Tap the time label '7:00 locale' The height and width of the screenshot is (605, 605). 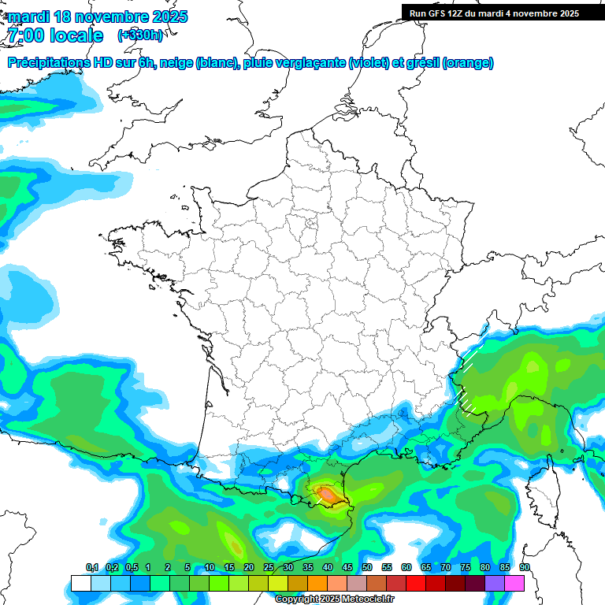click(55, 35)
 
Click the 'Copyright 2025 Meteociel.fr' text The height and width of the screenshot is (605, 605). click(334, 599)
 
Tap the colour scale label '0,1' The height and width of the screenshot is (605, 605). click(92, 568)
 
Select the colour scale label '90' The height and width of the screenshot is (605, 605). click(525, 568)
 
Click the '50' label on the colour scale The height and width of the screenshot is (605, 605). click(367, 568)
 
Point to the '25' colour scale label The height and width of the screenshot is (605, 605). click(269, 568)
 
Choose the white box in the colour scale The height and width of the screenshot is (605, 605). click(80, 583)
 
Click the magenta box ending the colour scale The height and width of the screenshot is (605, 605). click(514, 583)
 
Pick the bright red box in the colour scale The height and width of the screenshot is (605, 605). click(416, 583)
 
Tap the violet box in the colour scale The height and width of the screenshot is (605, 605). click(495, 583)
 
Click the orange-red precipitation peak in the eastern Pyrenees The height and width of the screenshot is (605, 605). click(326, 494)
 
